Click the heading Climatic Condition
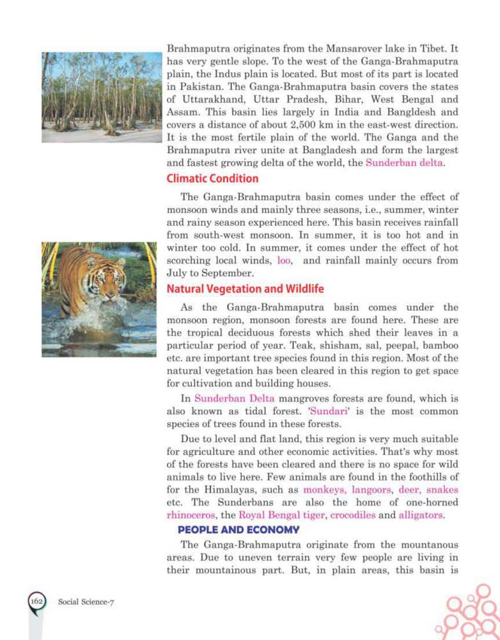[212, 179]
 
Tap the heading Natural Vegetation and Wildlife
[245, 289]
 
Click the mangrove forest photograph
[101, 97]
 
